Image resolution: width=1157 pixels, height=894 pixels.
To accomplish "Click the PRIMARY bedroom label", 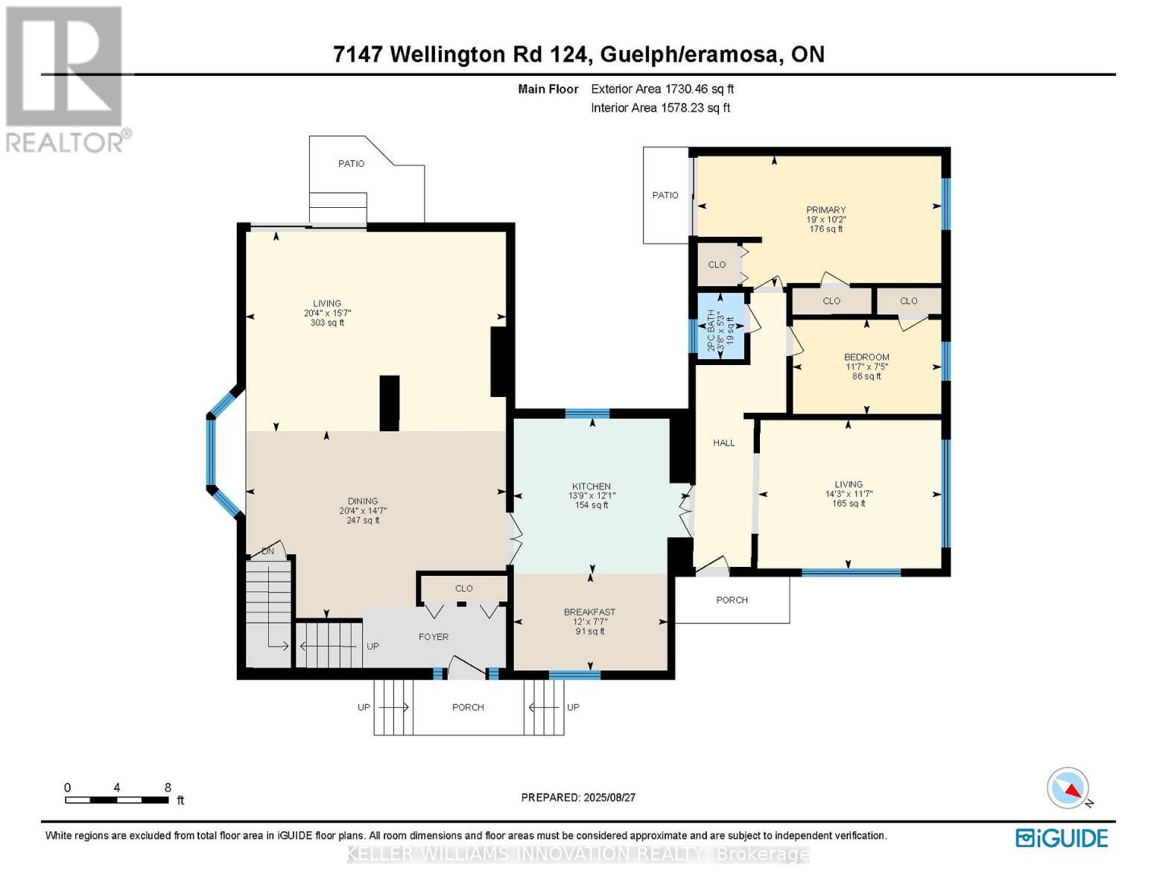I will pos(825,210).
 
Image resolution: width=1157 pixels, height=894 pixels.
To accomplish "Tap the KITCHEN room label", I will pos(591,486).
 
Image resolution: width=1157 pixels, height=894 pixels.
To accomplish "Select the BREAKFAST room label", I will pos(589,612).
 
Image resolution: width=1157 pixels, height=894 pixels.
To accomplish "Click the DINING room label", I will pos(363,501).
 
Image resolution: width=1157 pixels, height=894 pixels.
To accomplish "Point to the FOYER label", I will pos(434,637).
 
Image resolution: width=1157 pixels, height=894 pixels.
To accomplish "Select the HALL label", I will pos(723,443).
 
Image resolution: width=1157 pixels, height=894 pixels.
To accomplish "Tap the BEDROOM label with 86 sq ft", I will pos(866,357).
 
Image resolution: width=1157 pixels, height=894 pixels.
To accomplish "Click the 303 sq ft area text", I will pos(327,323).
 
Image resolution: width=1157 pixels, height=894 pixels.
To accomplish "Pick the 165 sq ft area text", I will pos(849,504).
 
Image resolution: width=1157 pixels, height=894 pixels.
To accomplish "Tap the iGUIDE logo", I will pos(1062,838).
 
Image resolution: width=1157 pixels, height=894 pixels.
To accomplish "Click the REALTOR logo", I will pos(66,78).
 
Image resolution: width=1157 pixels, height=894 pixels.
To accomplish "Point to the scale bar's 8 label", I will pos(168,787).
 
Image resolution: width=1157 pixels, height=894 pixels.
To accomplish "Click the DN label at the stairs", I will pos(268,551).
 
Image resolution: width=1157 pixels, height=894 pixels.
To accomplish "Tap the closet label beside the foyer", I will pos(463,589).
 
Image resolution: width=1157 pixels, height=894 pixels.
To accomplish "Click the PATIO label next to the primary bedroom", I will pos(665,195).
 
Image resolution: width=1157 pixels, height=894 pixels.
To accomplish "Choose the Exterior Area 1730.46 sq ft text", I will pos(662,89).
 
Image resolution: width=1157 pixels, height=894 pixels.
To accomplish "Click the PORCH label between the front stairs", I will pos(468,707).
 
